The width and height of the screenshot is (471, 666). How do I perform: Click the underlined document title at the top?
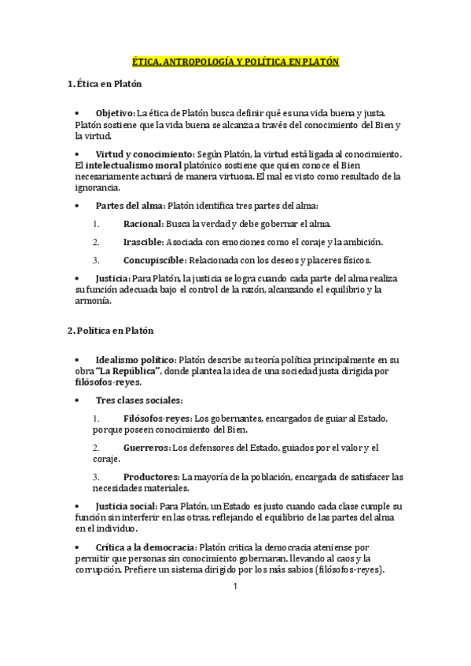(235, 61)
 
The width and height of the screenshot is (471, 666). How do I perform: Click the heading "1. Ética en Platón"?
(105, 83)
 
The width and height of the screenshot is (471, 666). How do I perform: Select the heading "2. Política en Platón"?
(110, 331)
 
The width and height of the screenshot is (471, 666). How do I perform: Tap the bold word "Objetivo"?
(114, 113)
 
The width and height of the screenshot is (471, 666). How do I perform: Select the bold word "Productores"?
(151, 477)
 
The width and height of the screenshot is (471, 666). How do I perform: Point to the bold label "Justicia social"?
(126, 507)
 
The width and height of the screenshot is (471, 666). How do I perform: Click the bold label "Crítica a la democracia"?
(145, 547)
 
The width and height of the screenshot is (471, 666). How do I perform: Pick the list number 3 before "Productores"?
(95, 477)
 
